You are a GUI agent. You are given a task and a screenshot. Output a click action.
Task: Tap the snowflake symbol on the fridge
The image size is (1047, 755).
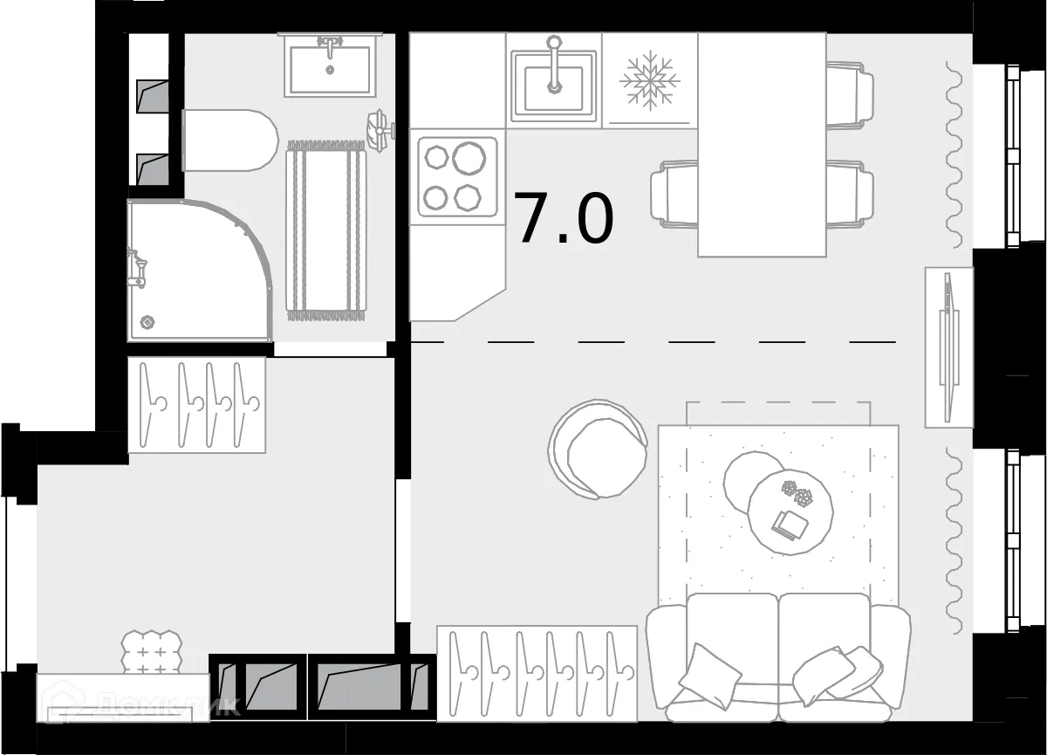tap(649, 80)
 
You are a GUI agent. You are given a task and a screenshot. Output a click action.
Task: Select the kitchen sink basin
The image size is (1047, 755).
tap(554, 81)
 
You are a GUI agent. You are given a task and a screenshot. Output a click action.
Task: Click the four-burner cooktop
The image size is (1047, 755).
tap(457, 176)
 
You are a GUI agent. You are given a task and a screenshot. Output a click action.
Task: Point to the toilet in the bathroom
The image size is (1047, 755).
tap(229, 141)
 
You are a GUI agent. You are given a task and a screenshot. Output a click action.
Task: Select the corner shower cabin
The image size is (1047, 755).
tap(192, 271)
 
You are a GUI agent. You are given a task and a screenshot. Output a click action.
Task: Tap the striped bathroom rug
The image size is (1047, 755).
tap(327, 230)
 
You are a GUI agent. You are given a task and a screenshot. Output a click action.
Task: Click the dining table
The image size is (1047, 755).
tap(762, 144)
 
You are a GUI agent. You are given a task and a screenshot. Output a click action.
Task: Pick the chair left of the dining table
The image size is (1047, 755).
tap(674, 194)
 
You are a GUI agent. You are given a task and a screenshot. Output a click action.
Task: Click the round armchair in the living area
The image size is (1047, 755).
tap(599, 449)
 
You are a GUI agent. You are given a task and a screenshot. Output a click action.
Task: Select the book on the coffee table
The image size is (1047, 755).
tap(791, 525)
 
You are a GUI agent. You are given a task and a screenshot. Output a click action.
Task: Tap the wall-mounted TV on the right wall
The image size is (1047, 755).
tap(948, 347)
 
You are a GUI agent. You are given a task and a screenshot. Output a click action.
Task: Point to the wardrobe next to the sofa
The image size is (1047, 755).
tap(537, 672)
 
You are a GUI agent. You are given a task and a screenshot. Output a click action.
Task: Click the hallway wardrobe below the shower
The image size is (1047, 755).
tap(197, 404)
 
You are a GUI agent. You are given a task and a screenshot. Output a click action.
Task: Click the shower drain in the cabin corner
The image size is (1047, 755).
tap(147, 322)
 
